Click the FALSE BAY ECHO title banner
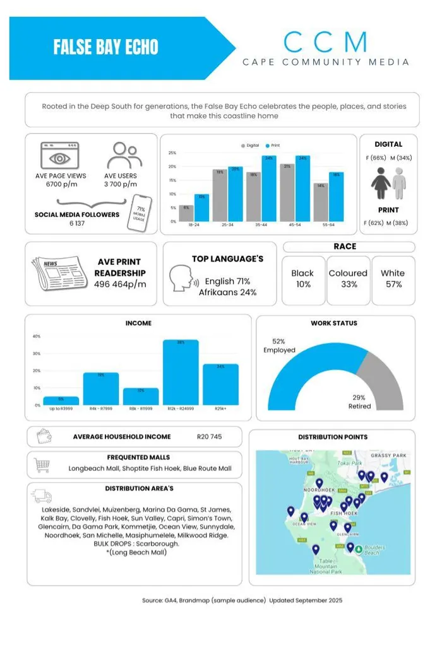(106, 47)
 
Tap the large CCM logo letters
(325, 42)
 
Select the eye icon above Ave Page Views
(59, 156)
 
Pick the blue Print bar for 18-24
(201, 208)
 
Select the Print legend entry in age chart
(272, 146)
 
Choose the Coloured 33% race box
(348, 279)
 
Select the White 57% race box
(393, 279)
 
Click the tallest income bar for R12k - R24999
(181, 373)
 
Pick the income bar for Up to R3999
(61, 401)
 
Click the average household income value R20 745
(209, 436)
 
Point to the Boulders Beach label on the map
(374, 550)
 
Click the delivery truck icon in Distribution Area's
(43, 496)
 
